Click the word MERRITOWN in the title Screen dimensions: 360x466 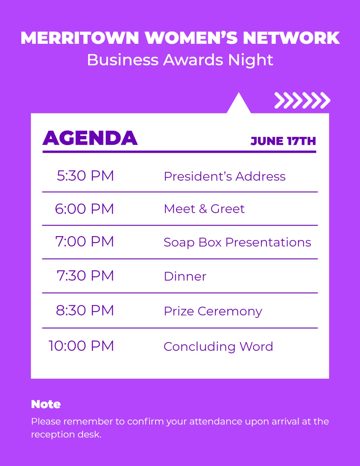pos(80,38)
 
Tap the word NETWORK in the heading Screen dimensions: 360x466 pos(291,38)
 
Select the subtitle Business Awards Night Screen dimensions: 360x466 pos(180,60)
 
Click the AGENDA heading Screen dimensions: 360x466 pos(90,138)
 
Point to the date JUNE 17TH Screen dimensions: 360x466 pos(283,141)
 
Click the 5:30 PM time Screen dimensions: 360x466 pos(85,176)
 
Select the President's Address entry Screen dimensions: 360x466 pos(225,176)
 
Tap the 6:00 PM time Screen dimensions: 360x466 pos(85,209)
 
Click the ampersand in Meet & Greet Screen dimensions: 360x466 pos(203,209)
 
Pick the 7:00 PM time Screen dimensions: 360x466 pos(85,242)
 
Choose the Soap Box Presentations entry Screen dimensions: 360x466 pos(237,242)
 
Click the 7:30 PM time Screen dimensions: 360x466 pos(85,275)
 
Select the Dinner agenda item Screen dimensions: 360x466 pos(185,276)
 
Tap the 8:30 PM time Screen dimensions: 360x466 pos(85,310)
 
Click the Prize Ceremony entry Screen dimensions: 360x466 pos(213,311)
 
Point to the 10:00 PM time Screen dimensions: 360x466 pos(81,346)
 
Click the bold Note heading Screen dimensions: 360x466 pos(46,404)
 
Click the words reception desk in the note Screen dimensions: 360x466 pos(66,435)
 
